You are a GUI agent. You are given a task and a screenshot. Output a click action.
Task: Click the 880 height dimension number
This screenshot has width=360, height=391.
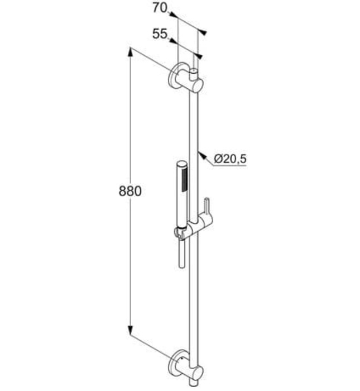[130, 190]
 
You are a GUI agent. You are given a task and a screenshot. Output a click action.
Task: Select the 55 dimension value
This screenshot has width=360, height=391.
[160, 34]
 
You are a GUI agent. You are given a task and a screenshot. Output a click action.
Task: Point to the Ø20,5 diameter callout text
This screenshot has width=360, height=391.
[229, 159]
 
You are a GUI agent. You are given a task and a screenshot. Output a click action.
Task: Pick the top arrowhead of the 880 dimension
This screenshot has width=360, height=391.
[131, 51]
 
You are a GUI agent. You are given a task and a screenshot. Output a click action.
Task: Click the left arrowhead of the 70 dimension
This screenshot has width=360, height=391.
[172, 15]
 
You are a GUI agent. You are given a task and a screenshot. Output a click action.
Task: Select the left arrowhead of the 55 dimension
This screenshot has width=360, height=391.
[172, 41]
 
